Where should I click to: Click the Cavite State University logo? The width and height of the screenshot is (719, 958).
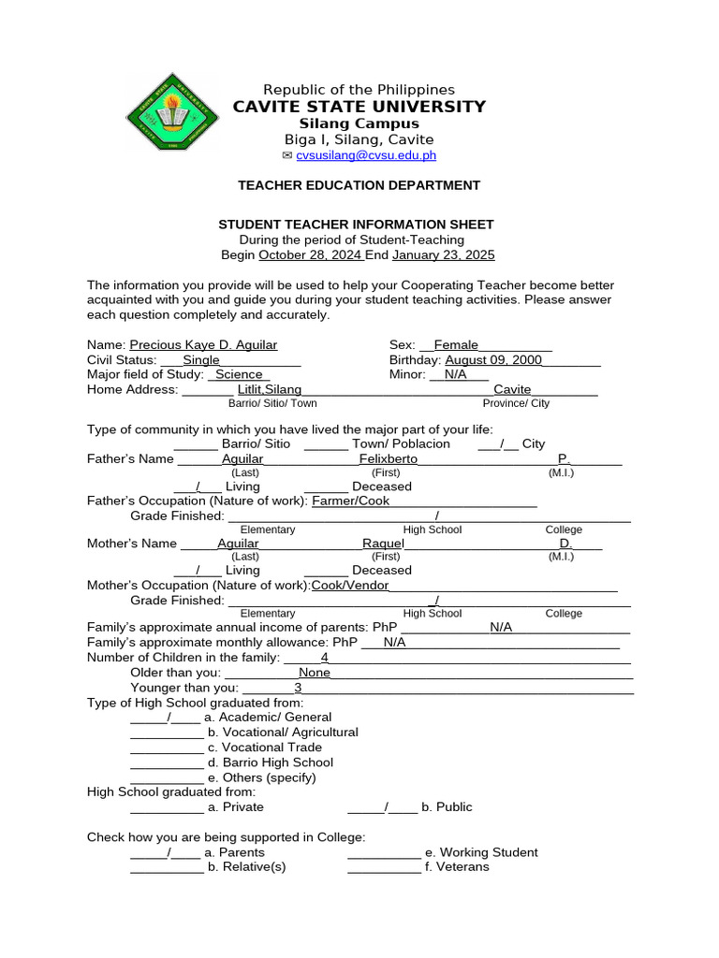pos(172,116)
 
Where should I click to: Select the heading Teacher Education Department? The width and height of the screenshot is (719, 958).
pos(359,185)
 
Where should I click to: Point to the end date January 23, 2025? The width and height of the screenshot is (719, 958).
pos(443,254)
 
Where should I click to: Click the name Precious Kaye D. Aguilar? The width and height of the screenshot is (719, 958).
pos(203,344)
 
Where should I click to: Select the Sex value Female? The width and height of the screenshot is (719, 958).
pos(456,344)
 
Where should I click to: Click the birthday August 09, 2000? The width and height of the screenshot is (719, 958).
pos(493,359)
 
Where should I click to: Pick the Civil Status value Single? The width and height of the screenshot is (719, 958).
pos(201,359)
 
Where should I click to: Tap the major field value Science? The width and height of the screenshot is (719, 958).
pos(239,374)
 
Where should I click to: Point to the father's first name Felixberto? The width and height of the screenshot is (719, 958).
pos(389,458)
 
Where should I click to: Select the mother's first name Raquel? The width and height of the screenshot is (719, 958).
pos(383,543)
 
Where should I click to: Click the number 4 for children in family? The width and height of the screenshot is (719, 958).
pos(325,657)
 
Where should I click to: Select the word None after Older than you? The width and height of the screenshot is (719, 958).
pos(315,672)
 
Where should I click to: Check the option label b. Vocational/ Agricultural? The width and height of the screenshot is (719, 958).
pos(283,732)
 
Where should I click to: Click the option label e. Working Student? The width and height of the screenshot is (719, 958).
pos(481,852)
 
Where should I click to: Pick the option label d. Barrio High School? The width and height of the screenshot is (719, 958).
pos(271,762)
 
